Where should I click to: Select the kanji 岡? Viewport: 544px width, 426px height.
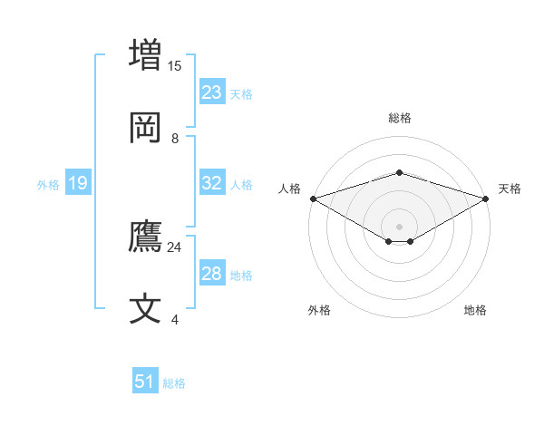pos(147,129)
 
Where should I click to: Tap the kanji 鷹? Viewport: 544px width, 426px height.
pos(147,237)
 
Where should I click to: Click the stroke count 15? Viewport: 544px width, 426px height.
pos(175,65)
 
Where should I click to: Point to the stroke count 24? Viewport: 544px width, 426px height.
pos(175,247)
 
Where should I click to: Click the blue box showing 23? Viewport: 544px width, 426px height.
pos(212,92)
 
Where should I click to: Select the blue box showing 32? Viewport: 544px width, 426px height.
pos(212,183)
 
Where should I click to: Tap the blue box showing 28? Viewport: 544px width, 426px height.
pos(212,274)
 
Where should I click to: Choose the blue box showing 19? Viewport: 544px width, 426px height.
pos(78,184)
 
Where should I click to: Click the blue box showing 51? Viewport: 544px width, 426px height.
pos(145,382)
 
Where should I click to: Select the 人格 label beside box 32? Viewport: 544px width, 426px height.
pos(241,185)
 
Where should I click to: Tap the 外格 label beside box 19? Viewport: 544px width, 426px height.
pos(48,185)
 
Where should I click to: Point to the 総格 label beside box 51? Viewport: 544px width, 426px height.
pos(174,383)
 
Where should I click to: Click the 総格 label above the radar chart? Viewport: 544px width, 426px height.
pos(399,118)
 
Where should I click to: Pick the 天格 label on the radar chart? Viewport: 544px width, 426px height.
pos(510,189)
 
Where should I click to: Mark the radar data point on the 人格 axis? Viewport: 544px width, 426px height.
pos(313,198)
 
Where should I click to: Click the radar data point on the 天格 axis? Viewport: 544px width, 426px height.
pos(487,198)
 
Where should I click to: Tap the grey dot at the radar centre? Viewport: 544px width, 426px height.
pos(399,226)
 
